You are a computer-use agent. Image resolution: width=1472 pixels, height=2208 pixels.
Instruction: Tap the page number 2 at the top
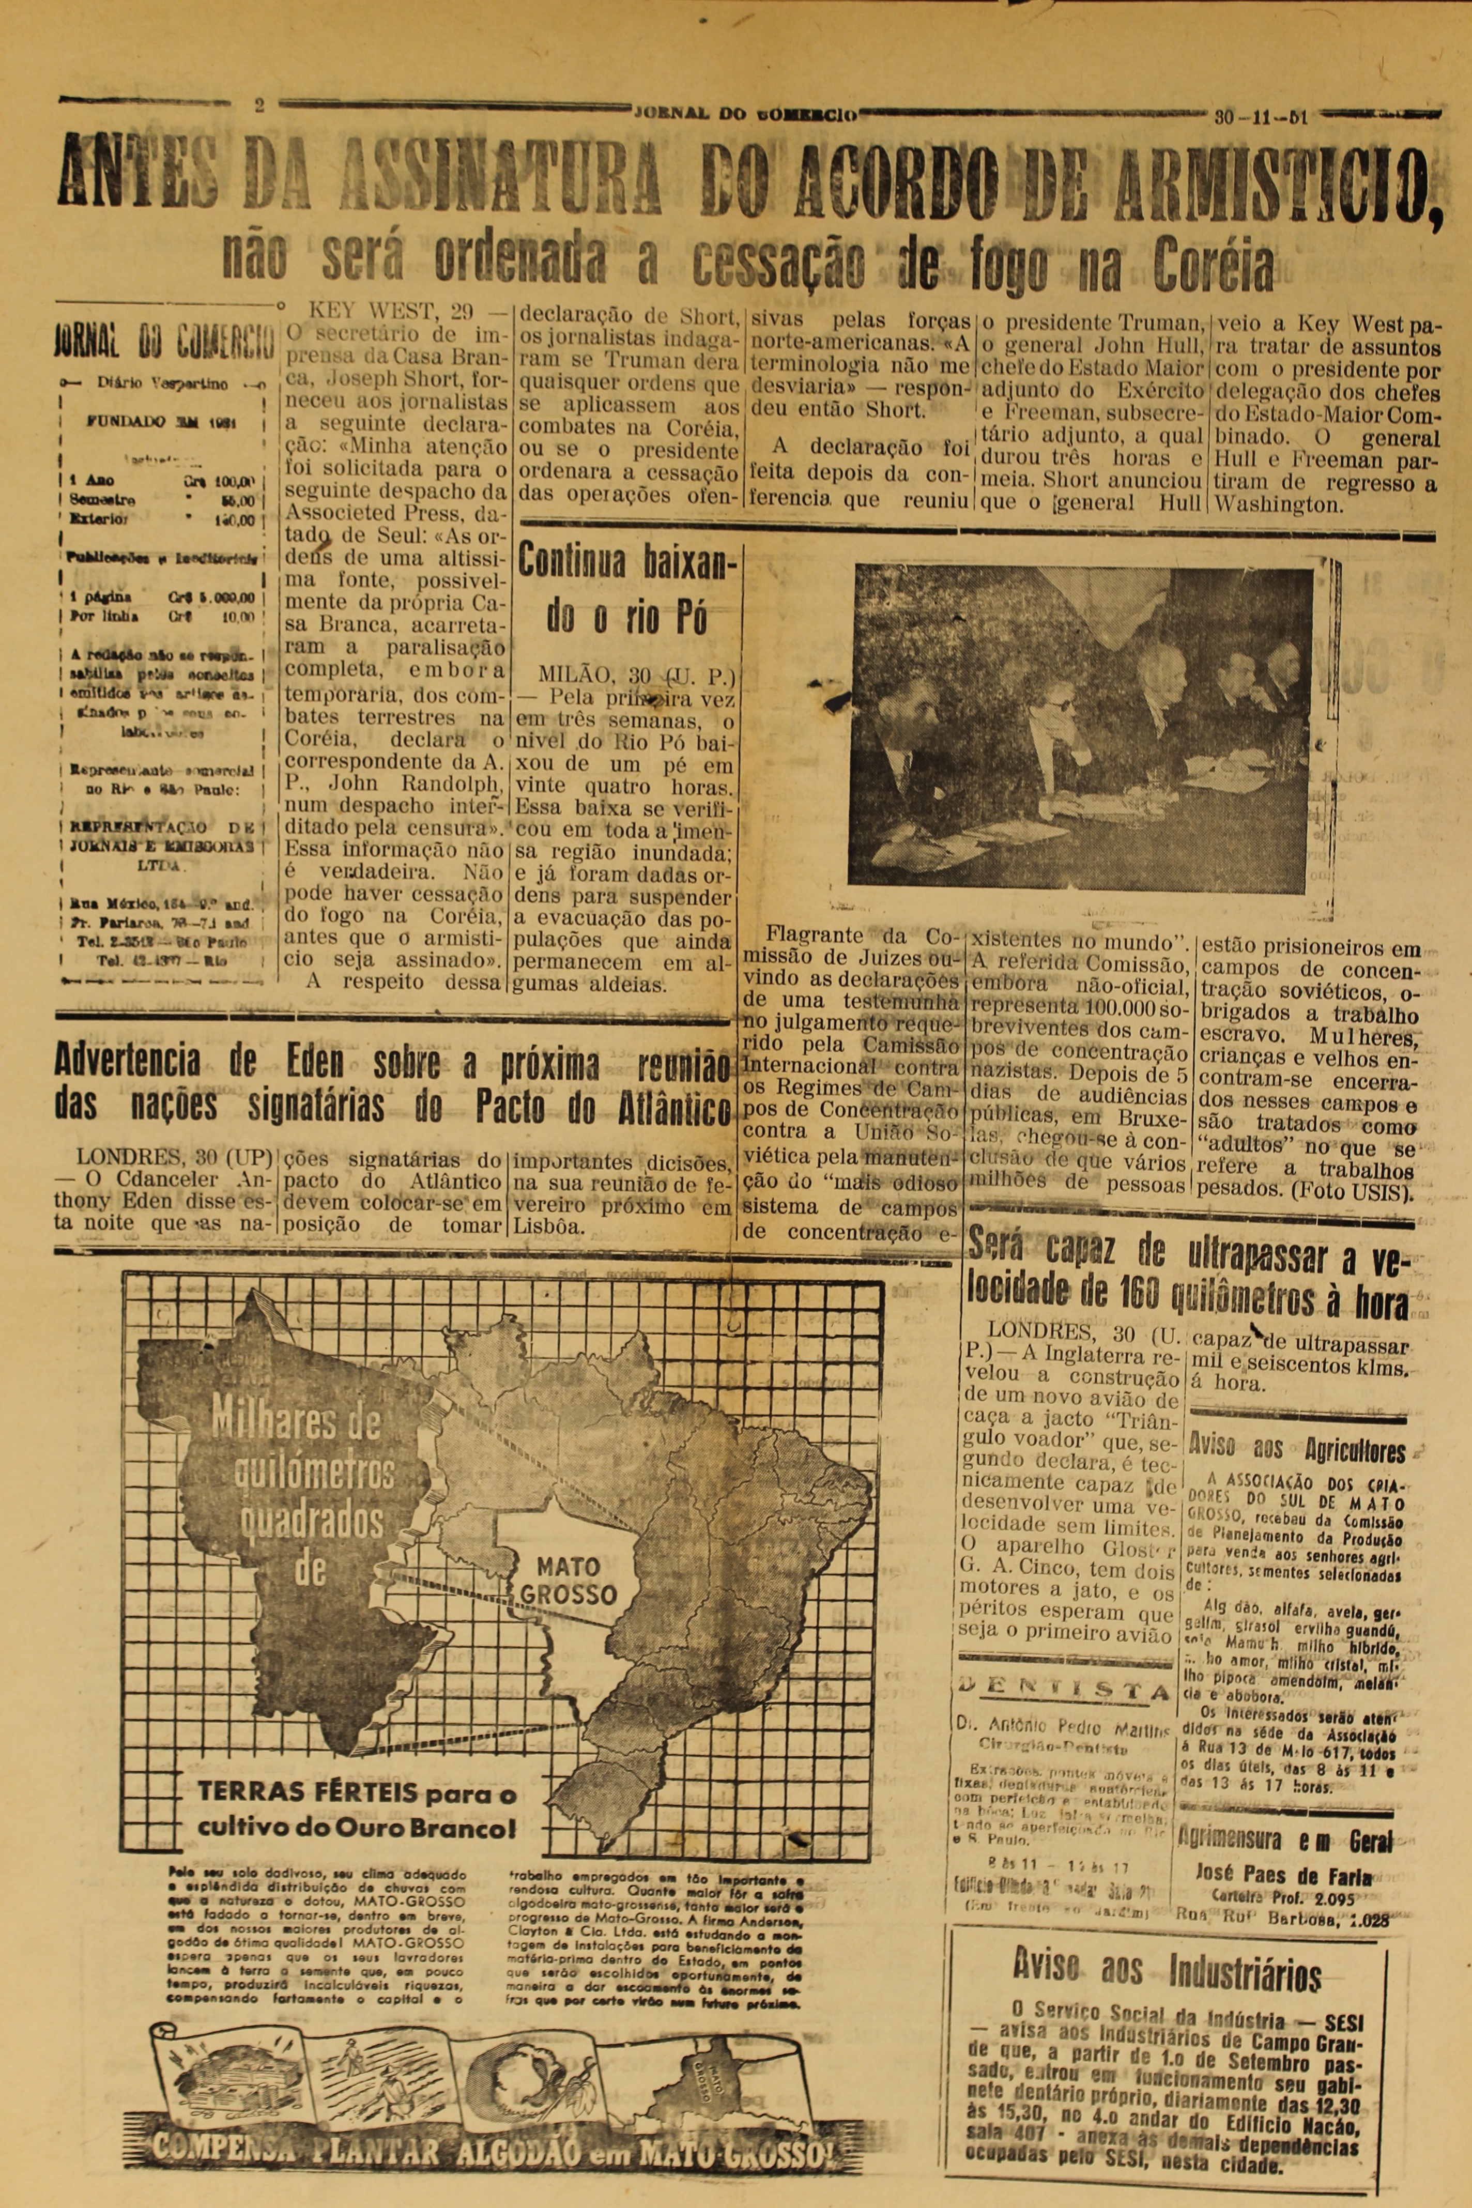tap(259, 105)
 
